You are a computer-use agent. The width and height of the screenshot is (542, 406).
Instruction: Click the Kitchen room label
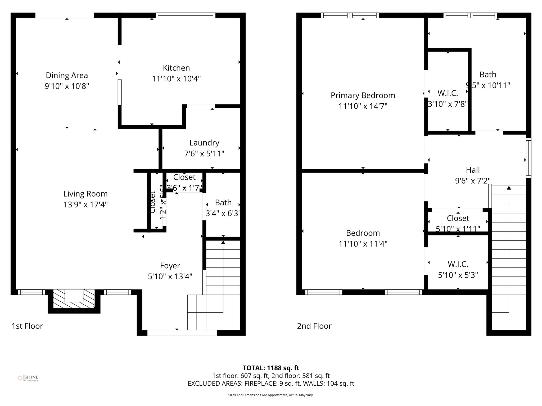176,68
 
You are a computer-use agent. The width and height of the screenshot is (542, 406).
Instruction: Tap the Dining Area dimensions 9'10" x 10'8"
67,86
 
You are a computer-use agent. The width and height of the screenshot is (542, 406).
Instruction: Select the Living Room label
85,194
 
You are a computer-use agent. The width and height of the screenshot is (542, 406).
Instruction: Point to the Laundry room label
204,143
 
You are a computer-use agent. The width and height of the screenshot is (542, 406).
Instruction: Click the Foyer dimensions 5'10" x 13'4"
170,276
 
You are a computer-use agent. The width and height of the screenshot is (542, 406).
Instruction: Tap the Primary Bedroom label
363,95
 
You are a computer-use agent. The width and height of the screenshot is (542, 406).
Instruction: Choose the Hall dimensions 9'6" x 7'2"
473,181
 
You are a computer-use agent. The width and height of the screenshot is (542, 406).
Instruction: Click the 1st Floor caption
27,326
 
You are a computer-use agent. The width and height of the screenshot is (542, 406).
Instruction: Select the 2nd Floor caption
314,326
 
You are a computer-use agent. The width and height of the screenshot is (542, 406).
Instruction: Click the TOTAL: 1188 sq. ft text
271,368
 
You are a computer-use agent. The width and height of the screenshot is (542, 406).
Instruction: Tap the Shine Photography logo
28,378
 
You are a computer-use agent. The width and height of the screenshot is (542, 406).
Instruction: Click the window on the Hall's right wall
528,158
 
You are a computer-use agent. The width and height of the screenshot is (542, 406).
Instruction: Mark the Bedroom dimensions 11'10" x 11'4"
363,244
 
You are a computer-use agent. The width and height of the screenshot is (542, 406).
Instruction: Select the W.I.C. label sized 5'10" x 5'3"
458,264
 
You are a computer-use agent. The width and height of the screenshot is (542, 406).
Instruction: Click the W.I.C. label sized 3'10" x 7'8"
448,93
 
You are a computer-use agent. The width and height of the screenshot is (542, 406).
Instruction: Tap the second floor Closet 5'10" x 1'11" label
458,218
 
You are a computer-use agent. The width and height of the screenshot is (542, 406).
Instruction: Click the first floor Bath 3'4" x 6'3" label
223,203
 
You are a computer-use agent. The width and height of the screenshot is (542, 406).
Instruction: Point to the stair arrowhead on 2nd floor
509,188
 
